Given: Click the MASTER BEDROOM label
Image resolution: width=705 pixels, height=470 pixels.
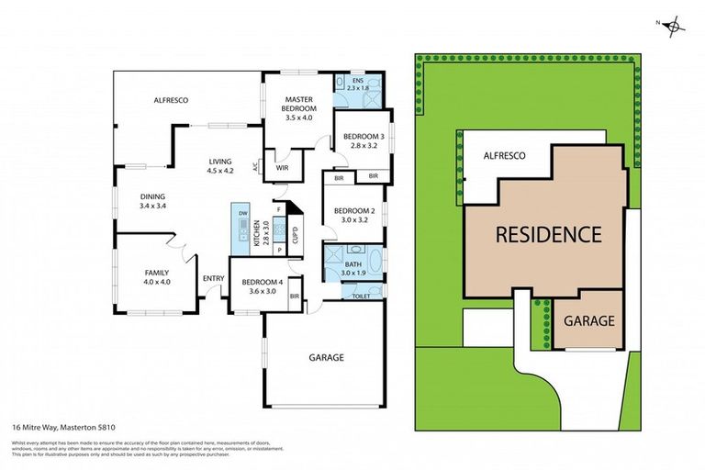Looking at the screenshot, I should click(299, 108).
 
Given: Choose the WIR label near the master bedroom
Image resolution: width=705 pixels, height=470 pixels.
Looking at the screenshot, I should click(283, 166).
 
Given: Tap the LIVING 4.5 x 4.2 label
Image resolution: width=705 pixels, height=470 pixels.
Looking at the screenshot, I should click(220, 164).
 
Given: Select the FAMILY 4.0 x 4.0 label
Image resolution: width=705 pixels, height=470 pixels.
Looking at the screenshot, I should click(157, 277).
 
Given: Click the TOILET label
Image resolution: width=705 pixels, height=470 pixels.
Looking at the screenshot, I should click(361, 297).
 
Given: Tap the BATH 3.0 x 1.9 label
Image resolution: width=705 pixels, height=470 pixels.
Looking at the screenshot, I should click(353, 268).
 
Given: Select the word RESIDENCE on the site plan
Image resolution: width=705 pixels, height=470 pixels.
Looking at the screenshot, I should click(548, 234).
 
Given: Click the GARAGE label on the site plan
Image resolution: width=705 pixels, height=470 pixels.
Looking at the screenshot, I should click(588, 321).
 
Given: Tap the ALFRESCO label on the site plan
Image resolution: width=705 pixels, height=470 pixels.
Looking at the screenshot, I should click(505, 156).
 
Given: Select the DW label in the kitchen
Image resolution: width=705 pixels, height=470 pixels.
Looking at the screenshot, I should click(243, 213).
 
